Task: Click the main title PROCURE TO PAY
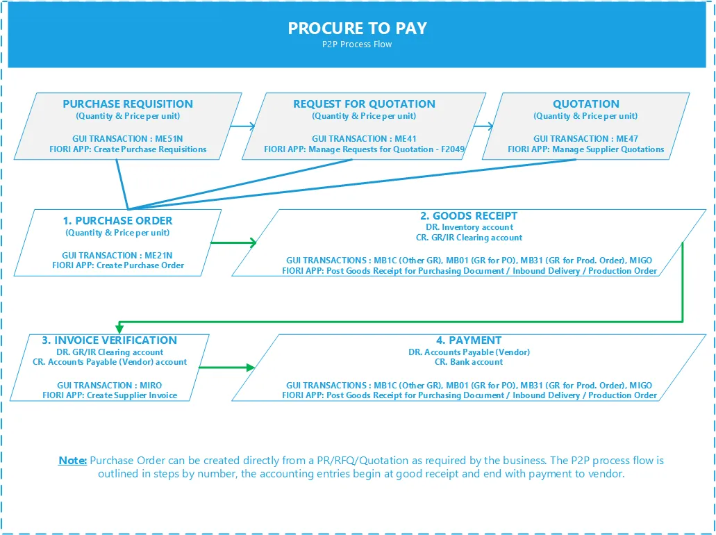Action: (x=358, y=28)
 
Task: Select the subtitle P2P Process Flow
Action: (x=357, y=44)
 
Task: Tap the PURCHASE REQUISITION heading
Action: (x=128, y=104)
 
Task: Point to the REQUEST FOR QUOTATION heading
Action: (x=364, y=104)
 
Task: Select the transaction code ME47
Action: (x=627, y=138)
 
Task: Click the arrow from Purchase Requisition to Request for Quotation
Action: (x=243, y=126)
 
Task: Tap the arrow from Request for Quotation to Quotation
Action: (x=484, y=126)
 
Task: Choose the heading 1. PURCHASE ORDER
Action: (x=118, y=221)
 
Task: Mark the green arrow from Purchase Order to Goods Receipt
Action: (x=233, y=242)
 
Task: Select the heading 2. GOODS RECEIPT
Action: (x=469, y=216)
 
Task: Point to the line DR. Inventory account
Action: (x=469, y=227)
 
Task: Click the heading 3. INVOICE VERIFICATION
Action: (x=110, y=340)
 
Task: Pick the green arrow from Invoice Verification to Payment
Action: (x=227, y=368)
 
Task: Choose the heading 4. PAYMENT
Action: (x=469, y=340)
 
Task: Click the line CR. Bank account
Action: (x=469, y=362)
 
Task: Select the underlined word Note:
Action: (x=73, y=461)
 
